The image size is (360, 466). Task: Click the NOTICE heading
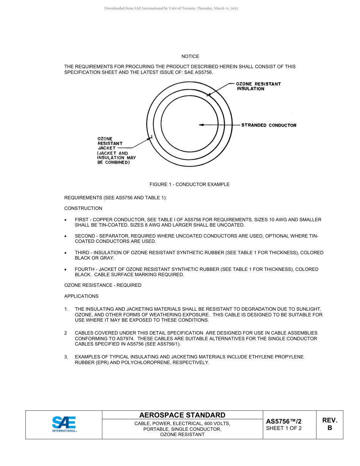(190, 56)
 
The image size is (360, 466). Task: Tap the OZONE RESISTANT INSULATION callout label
(258, 86)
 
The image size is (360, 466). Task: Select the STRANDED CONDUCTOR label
(269, 125)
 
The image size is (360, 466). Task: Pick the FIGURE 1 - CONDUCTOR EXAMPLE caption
(189, 185)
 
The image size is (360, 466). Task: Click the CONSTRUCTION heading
(83, 208)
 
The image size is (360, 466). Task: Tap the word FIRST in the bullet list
(82, 220)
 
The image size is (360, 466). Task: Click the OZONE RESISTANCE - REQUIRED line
(103, 285)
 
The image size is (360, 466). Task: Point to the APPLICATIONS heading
(81, 296)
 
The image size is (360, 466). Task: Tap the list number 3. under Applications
(66, 357)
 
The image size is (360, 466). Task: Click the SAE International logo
(64, 424)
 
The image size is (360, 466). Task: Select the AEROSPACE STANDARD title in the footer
(182, 415)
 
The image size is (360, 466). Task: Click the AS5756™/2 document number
(284, 421)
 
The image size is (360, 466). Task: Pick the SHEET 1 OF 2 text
(284, 428)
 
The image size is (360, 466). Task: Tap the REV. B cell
(330, 424)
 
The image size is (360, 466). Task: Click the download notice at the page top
(171, 8)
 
